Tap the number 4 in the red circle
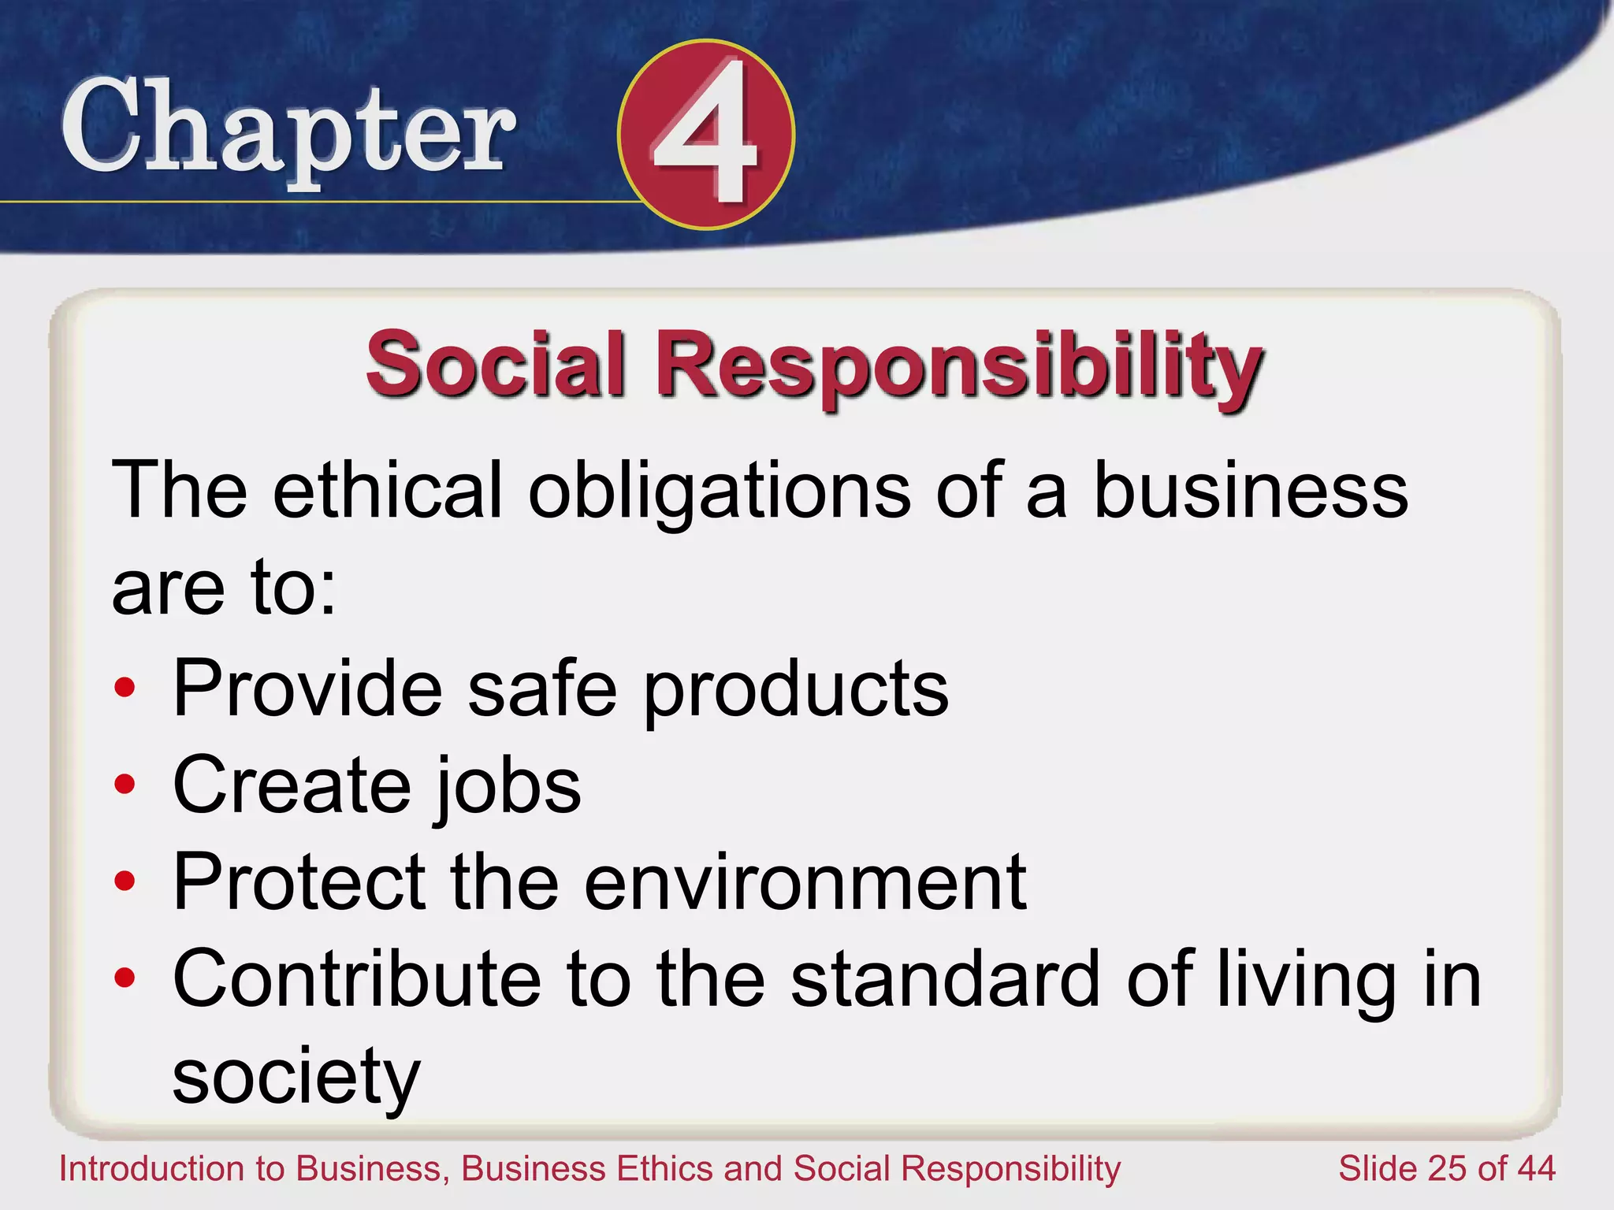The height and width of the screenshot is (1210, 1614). pyautogui.click(x=705, y=134)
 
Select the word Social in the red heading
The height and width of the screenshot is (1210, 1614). pyautogui.click(x=496, y=365)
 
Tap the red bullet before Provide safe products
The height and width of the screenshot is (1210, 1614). pyautogui.click(x=125, y=688)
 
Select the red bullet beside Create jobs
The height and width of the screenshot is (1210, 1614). pyautogui.click(x=125, y=785)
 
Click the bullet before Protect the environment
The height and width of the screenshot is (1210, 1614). pyautogui.click(x=125, y=882)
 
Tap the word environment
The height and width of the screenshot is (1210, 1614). pyautogui.click(x=805, y=882)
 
